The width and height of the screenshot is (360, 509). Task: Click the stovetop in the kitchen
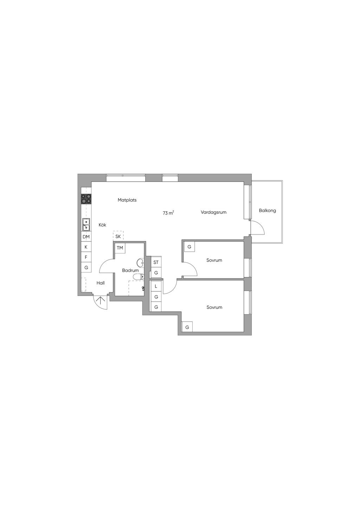tap(86, 199)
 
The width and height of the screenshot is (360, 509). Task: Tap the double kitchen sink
tap(86, 224)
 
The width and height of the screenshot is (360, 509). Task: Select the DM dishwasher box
tap(86, 237)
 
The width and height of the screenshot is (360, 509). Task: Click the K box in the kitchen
tap(86, 247)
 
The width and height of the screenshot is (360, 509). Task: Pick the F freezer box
tap(86, 257)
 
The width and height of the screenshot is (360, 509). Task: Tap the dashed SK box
tap(118, 236)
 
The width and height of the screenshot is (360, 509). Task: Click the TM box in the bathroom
tap(120, 248)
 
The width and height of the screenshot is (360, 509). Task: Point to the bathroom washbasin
tap(141, 263)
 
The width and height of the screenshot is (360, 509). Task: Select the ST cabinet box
tap(156, 263)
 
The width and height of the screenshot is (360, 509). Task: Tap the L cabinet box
tap(156, 286)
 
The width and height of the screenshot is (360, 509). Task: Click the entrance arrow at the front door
tap(100, 301)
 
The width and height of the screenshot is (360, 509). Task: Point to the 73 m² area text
tap(168, 213)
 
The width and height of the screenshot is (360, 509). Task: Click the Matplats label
tap(127, 200)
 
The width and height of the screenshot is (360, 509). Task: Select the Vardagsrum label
tap(213, 212)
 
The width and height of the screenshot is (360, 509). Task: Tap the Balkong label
tap(267, 211)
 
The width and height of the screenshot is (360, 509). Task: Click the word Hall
tap(101, 283)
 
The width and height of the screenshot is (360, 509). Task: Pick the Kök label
tap(102, 225)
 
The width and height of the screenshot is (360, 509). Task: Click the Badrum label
tap(130, 270)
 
